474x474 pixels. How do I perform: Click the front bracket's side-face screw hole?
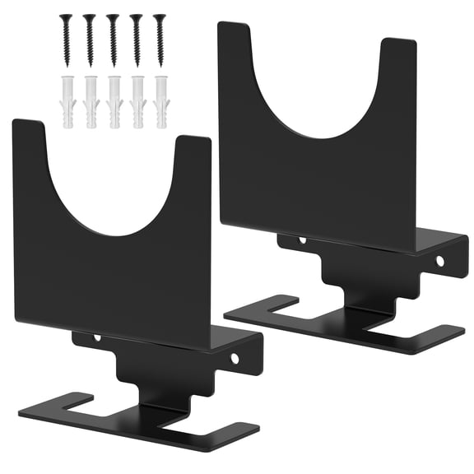click(x=234, y=358)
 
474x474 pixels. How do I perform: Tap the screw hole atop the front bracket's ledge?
click(x=97, y=338)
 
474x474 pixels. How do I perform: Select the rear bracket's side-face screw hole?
click(x=439, y=260)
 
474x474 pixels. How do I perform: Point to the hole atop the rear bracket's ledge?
click(x=302, y=241)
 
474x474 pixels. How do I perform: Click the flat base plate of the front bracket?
click(x=140, y=420)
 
